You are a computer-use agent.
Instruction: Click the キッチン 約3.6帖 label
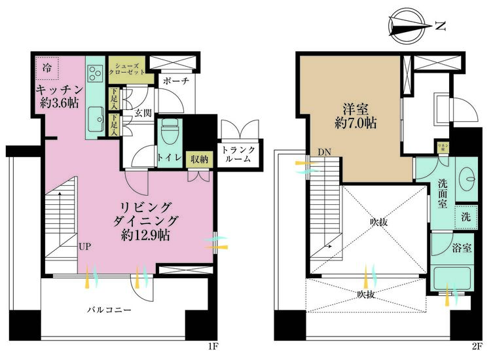click(59, 96)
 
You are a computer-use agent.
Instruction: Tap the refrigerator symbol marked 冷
click(48, 67)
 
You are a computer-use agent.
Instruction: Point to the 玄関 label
click(143, 113)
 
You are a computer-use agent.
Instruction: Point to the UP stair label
click(85, 247)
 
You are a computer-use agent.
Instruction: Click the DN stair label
click(325, 153)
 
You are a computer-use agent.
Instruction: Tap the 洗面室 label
click(443, 194)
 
